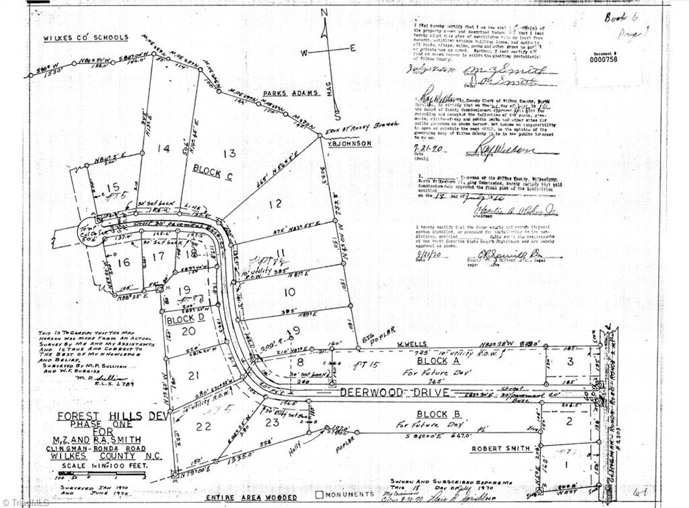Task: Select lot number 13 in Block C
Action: tap(230, 153)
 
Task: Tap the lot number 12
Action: tap(275, 203)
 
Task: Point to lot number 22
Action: tap(204, 426)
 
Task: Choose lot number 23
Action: tap(271, 422)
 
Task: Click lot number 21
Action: tap(194, 375)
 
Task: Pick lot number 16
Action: tap(123, 263)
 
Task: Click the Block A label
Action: tap(435, 361)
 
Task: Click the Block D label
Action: tap(180, 319)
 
